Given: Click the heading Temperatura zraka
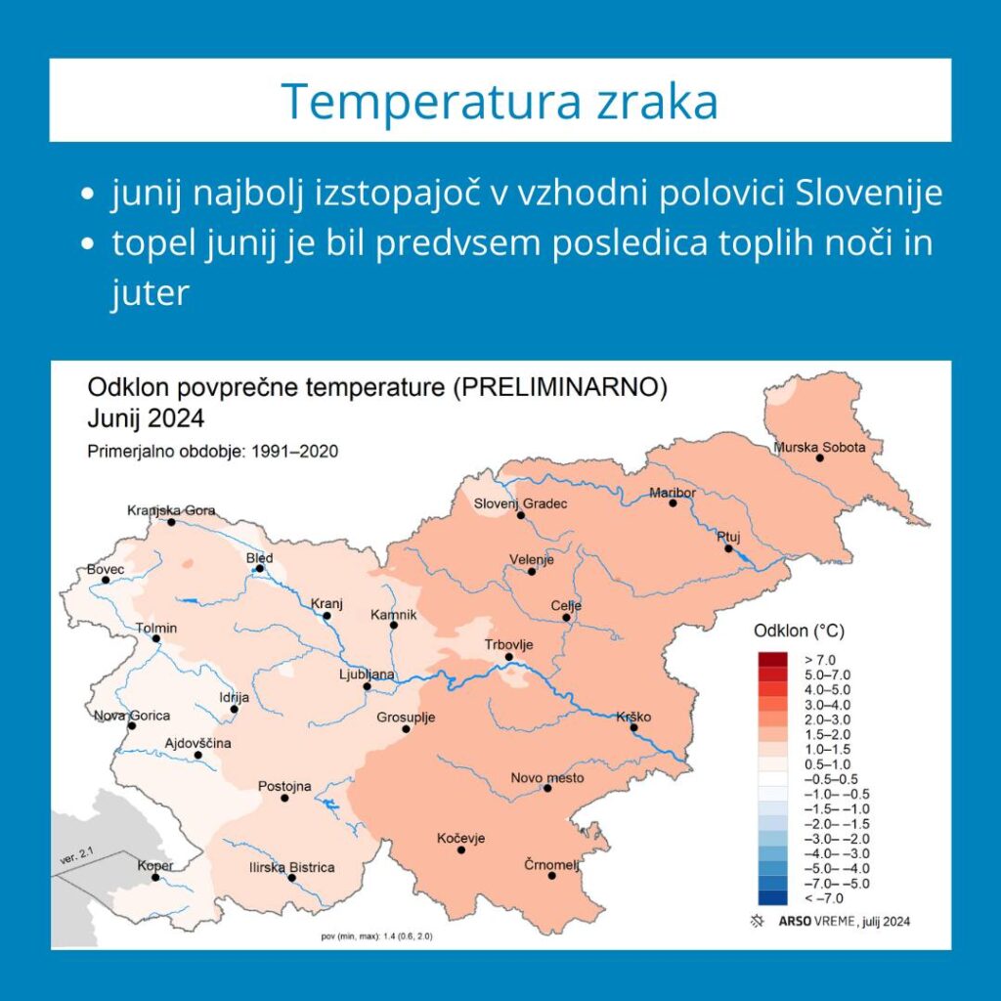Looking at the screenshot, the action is click(500, 101).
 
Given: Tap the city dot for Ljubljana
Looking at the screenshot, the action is click(368, 687).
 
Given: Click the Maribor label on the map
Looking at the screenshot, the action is click(673, 493).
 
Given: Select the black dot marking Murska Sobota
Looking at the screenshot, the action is click(820, 457).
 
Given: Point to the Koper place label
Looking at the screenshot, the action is click(155, 866).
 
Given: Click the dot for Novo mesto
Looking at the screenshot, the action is click(547, 789).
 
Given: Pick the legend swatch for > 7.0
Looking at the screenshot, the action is click(773, 660).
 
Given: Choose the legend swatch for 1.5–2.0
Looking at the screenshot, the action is click(773, 734).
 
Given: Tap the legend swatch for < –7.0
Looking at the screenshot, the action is click(773, 898).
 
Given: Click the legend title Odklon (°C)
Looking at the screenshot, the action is click(800, 631).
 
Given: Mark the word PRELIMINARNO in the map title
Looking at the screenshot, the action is click(560, 387).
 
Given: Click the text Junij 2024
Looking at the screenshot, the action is click(146, 418).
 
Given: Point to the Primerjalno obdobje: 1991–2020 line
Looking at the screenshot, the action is click(212, 452).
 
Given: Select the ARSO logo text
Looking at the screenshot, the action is click(795, 921).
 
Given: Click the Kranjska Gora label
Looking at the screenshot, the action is click(171, 510).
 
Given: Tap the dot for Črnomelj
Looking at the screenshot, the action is click(551, 876).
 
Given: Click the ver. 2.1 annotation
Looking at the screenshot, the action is click(76, 855).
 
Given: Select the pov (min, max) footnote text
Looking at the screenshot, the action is click(376, 936).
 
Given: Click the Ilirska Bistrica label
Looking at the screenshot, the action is click(291, 868).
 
